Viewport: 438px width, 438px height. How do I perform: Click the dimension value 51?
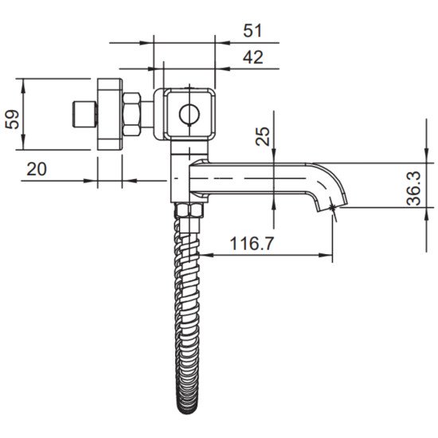pos(252,30)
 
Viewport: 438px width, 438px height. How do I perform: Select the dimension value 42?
pos(252,57)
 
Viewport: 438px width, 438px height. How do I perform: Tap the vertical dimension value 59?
pos(13,119)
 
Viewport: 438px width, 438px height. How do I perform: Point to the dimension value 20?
pos(37,169)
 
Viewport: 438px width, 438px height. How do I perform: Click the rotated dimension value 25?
pos(263,136)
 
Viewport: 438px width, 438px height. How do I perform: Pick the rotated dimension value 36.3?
pos(413,189)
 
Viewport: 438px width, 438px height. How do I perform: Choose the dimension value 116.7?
pos(252,244)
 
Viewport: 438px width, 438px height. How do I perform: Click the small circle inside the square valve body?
pos(190,115)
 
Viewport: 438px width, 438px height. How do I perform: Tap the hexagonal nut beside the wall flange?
pos(131,115)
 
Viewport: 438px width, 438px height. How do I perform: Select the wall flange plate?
pos(110,114)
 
